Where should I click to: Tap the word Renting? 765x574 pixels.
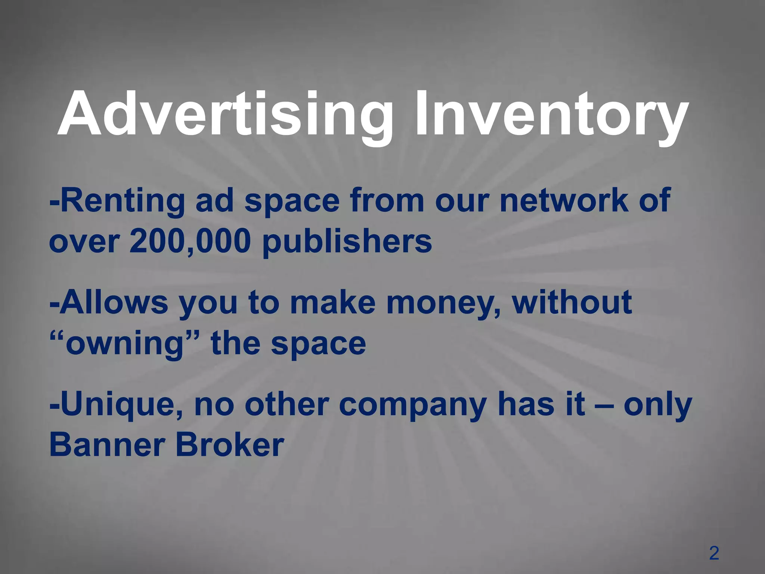(x=121, y=201)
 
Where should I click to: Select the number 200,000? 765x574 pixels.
(x=190, y=241)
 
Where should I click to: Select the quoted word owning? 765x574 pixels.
(x=123, y=344)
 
